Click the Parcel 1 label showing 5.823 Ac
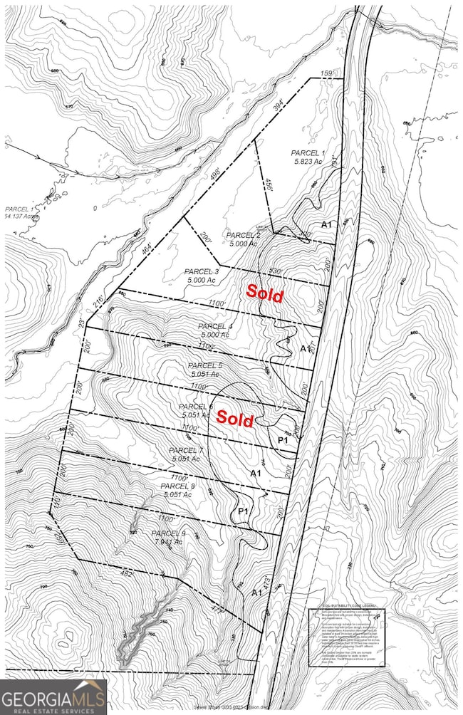tap(307, 157)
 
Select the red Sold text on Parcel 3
tap(265, 292)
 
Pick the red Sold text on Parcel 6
tap(235, 419)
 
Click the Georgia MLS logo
tap(53, 696)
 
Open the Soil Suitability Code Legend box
tap(346, 637)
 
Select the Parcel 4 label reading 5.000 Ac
tap(214, 330)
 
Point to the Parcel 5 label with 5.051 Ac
tap(207, 369)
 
